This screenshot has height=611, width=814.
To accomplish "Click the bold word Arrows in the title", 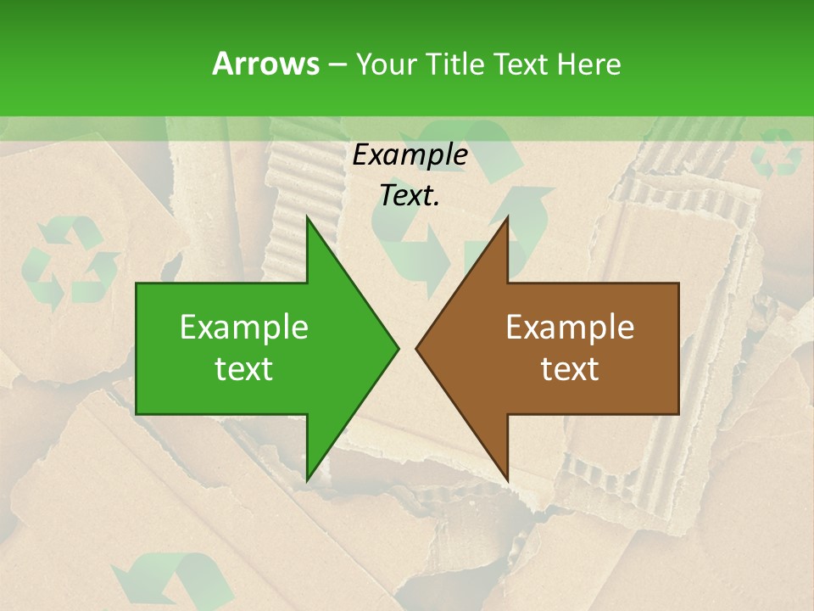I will (265, 64).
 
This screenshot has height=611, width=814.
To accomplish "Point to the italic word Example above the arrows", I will (410, 154).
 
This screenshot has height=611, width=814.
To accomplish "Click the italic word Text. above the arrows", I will (410, 195).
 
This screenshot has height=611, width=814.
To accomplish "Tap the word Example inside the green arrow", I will (244, 328).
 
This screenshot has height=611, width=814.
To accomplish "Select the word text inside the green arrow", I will (244, 369).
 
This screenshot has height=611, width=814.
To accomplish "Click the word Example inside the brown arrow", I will (570, 328).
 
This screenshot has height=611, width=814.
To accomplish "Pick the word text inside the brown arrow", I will (570, 369).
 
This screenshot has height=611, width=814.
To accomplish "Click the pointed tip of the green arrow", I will (397, 348).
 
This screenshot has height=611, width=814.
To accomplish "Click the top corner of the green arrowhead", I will (307, 218).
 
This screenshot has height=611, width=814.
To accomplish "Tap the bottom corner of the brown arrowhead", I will (508, 479).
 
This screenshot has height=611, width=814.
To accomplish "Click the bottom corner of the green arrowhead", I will (307, 479).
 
